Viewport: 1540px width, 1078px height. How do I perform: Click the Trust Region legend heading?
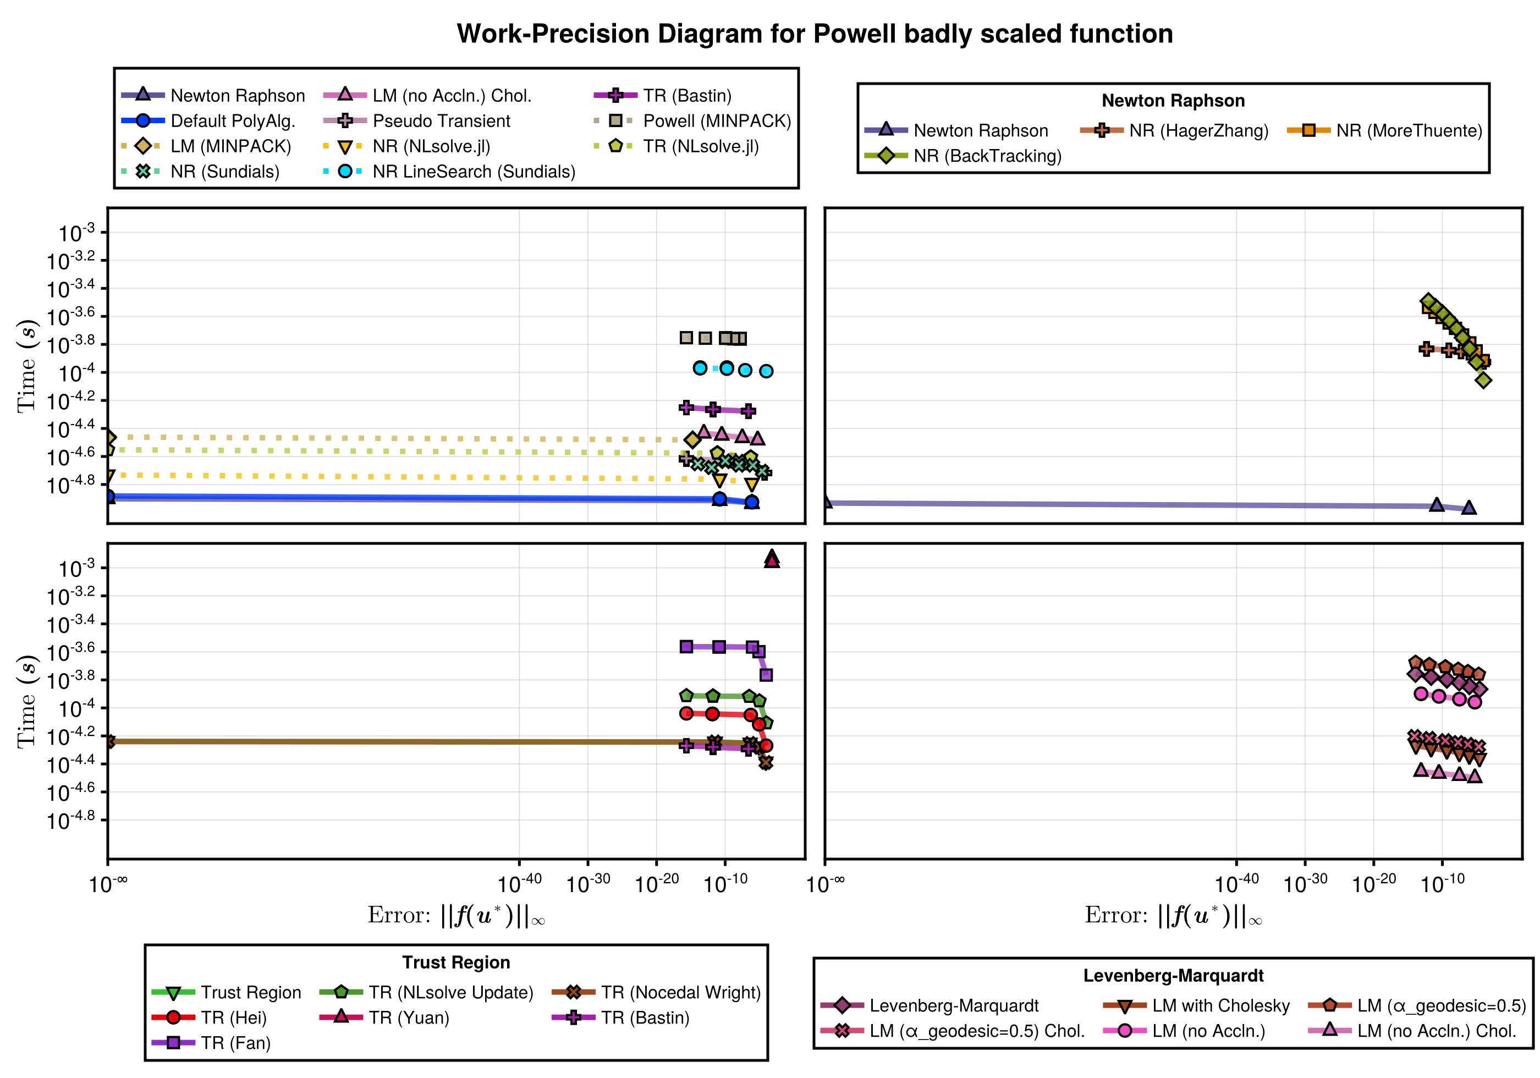point(456,963)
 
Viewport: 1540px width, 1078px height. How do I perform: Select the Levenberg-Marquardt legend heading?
point(1173,976)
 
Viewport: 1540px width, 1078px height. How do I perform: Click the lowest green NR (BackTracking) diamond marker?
point(1484,381)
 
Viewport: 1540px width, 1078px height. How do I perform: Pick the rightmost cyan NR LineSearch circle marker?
point(766,371)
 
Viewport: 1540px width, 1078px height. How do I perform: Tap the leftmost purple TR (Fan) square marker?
point(686,647)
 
